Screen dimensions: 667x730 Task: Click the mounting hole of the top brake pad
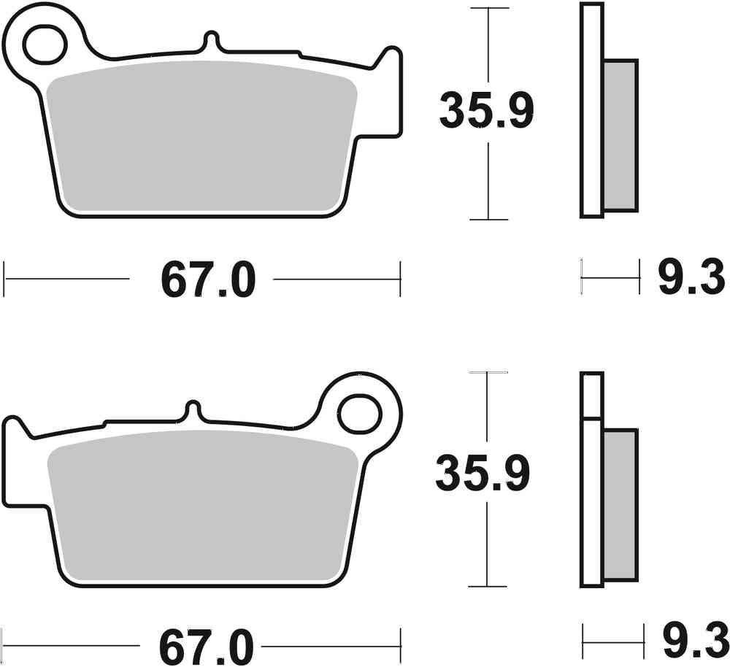[43, 45]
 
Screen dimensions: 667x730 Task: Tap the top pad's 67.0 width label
[208, 279]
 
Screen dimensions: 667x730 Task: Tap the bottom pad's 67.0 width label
[208, 647]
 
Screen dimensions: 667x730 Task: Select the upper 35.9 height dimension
[487, 111]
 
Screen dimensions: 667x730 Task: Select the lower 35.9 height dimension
[483, 474]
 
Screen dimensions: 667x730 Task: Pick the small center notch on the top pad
[211, 39]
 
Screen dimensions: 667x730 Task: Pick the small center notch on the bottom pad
[193, 408]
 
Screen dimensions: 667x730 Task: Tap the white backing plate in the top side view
[592, 109]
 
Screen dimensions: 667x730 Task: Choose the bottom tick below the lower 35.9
[488, 586]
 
